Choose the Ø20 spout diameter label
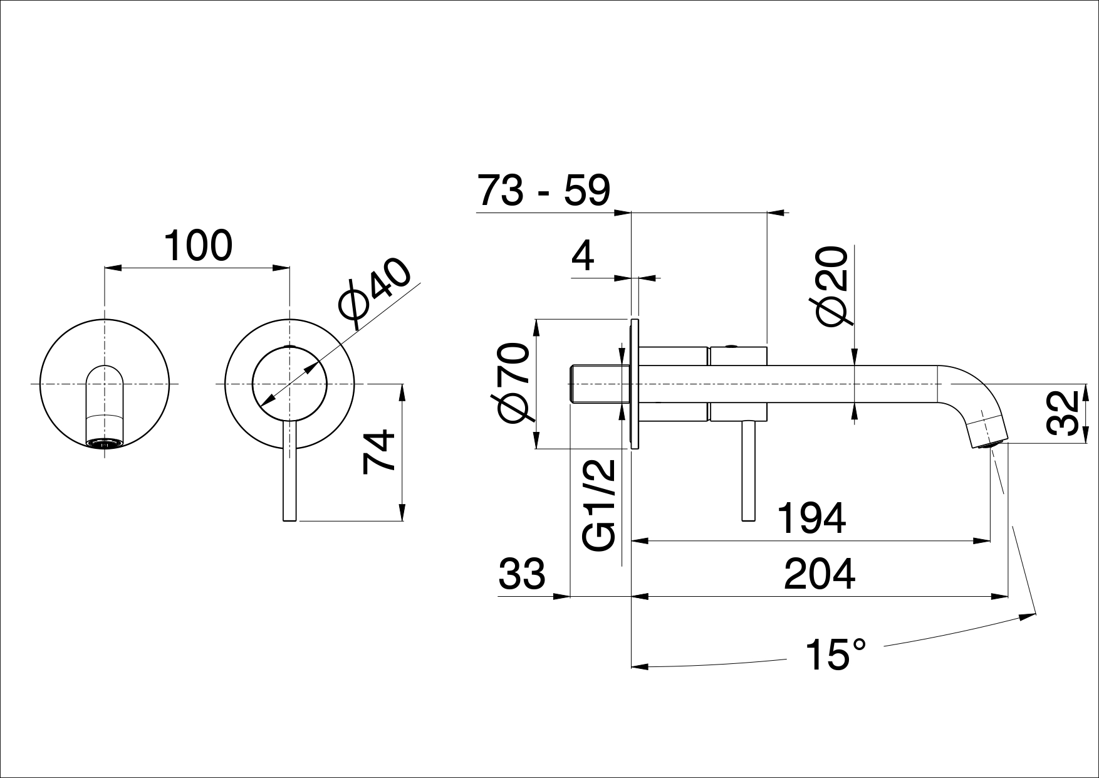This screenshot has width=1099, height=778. (x=833, y=286)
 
